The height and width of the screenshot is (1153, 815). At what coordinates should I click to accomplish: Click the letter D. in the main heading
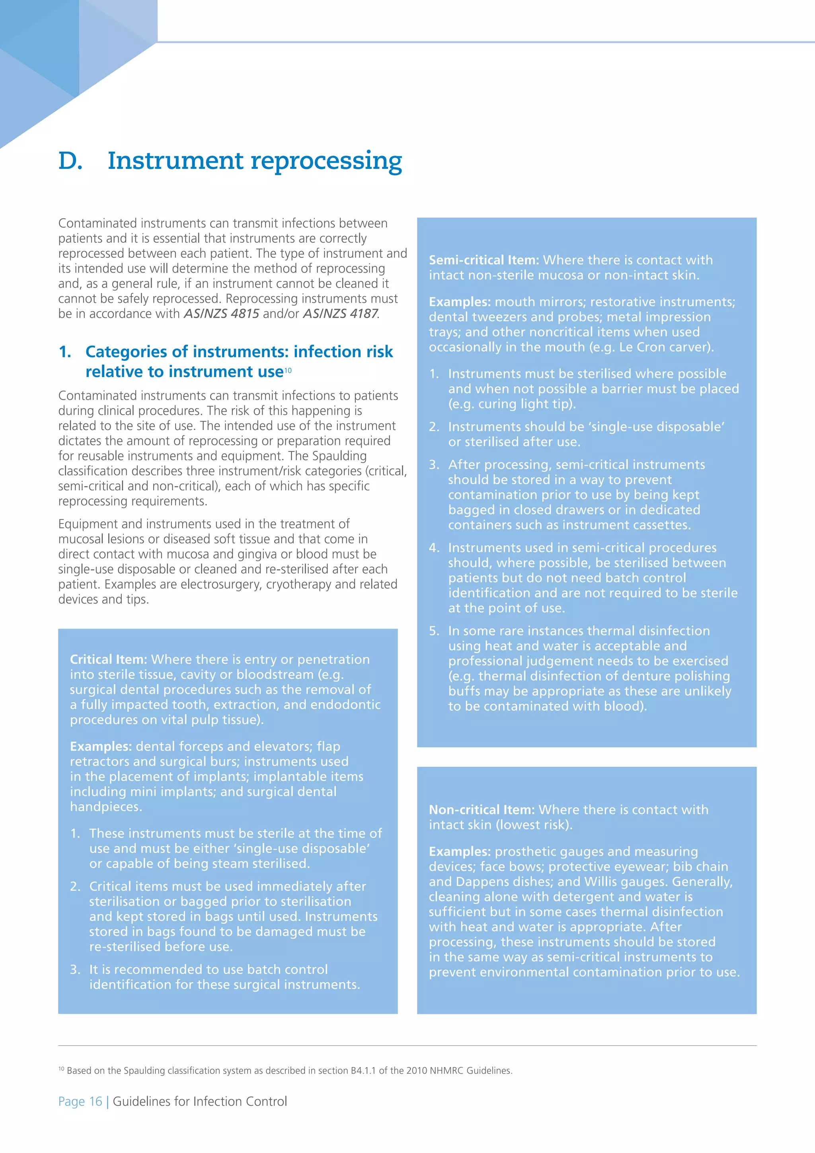point(70,162)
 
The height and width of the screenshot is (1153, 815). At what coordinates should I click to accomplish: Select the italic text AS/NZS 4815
point(221,314)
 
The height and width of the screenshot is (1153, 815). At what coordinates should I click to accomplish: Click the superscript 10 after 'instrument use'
point(288,371)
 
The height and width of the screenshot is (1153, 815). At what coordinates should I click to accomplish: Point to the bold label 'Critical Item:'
point(108,659)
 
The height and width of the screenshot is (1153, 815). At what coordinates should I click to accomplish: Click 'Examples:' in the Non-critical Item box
point(460,851)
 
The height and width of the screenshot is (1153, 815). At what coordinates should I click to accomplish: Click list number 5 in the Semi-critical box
point(434,631)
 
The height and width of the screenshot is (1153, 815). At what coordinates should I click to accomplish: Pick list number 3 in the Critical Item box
point(75,970)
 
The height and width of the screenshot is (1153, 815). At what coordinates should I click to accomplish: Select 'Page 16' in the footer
point(80,1101)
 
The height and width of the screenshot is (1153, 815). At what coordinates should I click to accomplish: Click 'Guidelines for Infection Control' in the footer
point(200,1101)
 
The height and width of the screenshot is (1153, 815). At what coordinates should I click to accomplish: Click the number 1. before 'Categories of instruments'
point(65,352)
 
